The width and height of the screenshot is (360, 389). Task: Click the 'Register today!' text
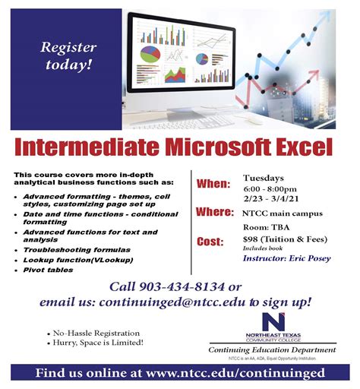point(68,55)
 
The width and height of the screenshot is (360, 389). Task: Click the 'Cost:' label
point(210,241)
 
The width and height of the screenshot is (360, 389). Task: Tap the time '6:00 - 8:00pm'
point(270,188)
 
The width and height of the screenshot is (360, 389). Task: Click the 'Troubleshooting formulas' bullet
point(77,249)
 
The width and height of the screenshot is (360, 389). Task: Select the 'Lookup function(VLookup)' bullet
point(77,259)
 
